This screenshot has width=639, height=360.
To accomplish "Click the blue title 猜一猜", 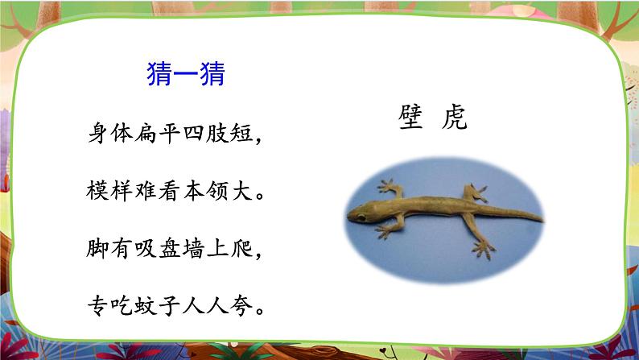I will click(186, 75).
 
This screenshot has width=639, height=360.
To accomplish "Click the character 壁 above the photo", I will click(410, 119).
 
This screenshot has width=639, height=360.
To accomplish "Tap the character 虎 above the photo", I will click(455, 119).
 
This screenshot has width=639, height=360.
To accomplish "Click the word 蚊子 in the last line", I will click(150, 305).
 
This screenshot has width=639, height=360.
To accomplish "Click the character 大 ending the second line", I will click(249, 191).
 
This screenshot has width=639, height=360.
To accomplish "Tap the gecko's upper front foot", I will click(390, 188).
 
